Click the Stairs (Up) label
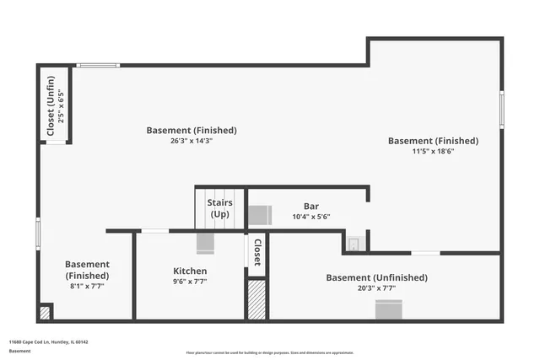219,208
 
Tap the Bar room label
310,206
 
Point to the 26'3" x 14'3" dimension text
191,141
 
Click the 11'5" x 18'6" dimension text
433,152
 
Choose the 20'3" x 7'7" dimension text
376,288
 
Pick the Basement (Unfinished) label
376,277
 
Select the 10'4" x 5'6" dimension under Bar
310,217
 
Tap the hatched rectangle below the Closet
256,299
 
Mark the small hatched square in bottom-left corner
45,313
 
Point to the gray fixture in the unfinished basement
388,310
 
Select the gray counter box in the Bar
259,214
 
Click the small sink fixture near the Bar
354,244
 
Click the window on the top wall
99,65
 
